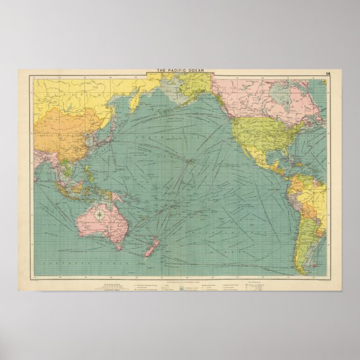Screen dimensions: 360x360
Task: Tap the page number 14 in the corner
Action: point(327,74)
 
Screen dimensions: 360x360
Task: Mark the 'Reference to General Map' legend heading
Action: point(180,278)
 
